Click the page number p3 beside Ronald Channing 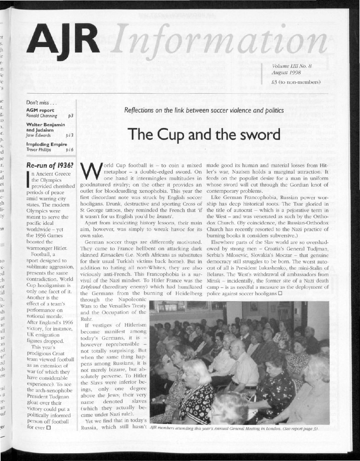tap(70, 116)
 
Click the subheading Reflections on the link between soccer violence tap(204, 111)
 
